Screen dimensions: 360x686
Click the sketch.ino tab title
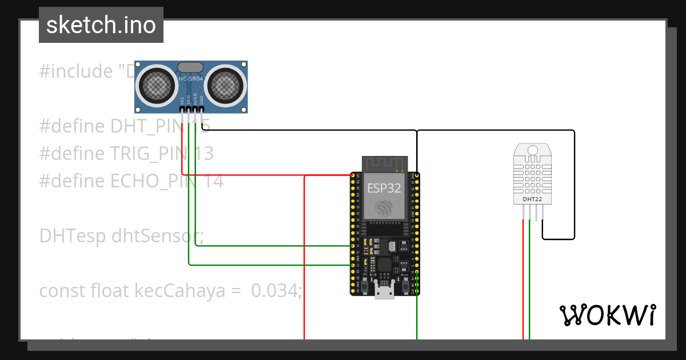(x=101, y=25)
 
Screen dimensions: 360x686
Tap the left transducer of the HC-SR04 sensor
(x=155, y=86)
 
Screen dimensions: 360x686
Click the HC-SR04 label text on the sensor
(x=191, y=79)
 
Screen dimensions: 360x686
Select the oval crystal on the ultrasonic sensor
(x=190, y=68)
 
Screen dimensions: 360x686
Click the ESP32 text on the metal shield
(x=384, y=188)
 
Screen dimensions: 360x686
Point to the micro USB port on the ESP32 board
(x=384, y=293)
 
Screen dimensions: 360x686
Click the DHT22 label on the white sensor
(x=532, y=199)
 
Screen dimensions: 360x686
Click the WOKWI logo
(x=607, y=315)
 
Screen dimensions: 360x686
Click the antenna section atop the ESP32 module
(x=384, y=163)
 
